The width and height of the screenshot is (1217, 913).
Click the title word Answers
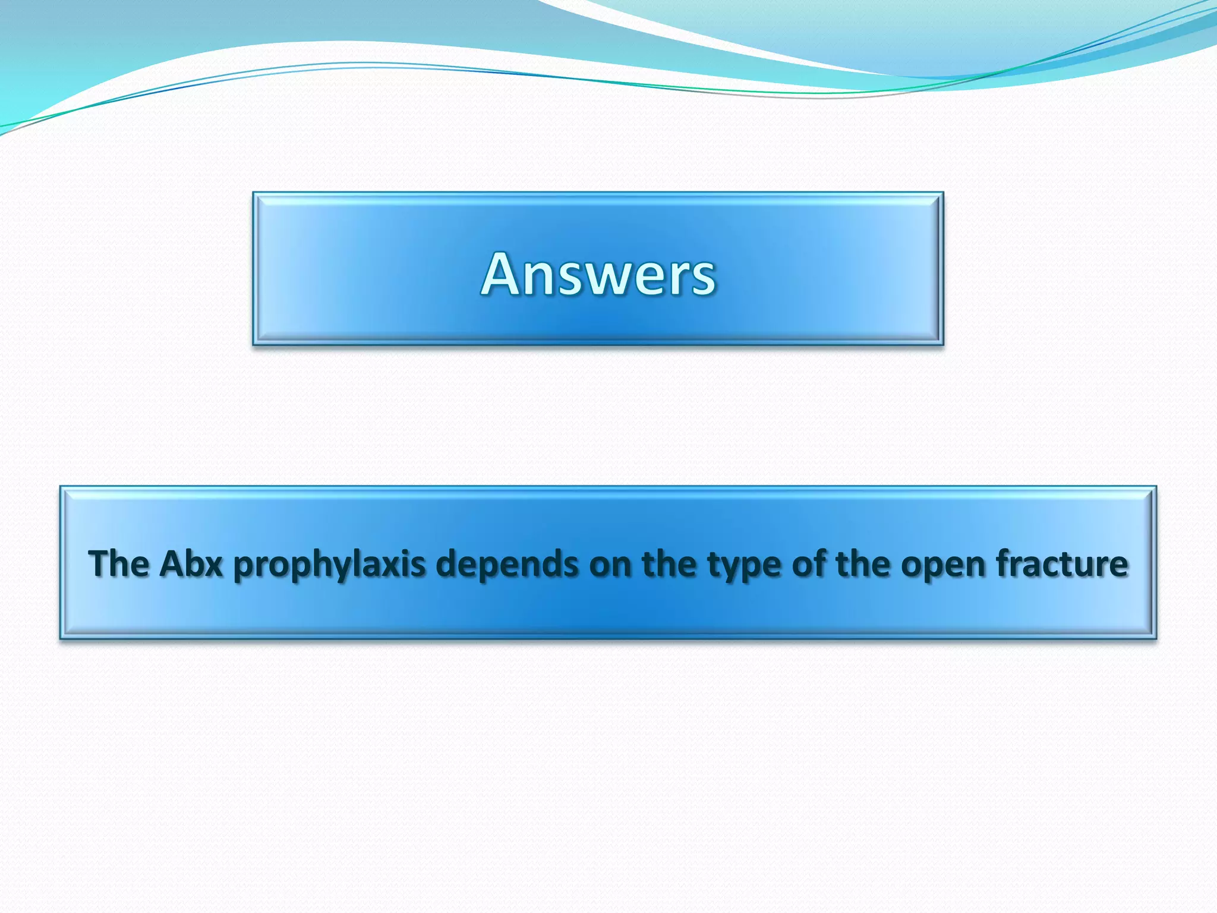[598, 274]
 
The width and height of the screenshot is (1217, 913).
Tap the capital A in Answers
[504, 274]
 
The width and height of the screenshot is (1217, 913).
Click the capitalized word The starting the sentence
[119, 563]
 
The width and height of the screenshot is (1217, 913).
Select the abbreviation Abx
[191, 563]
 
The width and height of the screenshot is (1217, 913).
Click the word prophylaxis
[329, 565]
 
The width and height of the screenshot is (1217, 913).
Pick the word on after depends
[608, 565]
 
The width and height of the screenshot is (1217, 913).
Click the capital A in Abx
[172, 563]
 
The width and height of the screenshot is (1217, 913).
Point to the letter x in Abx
[213, 566]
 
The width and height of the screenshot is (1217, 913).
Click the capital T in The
[99, 563]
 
